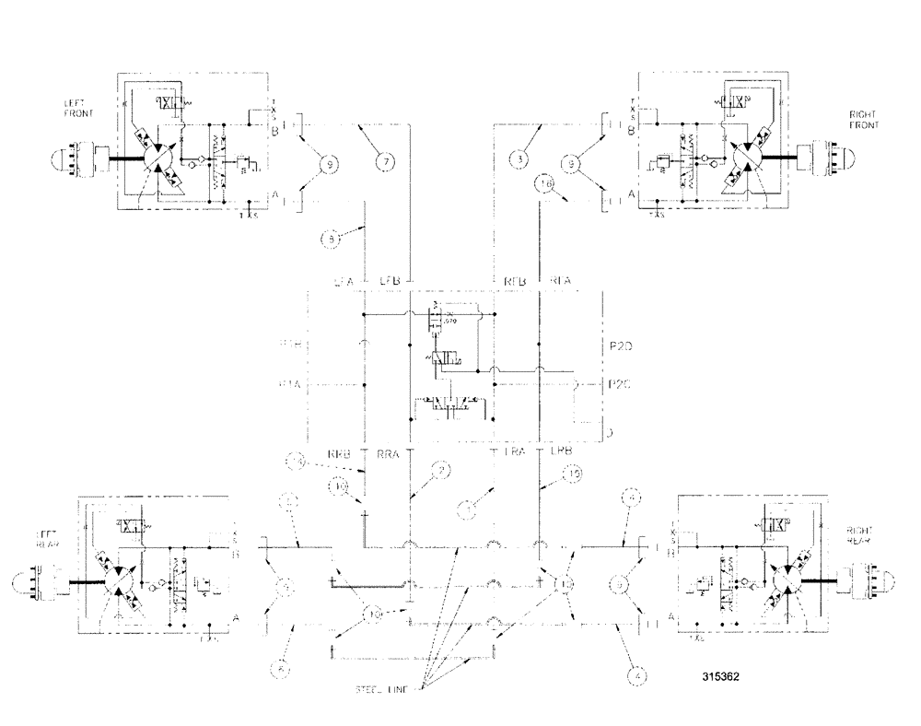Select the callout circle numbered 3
pyautogui.click(x=522, y=159)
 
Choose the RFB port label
pyautogui.click(x=512, y=279)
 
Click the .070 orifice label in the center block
pyautogui.click(x=452, y=320)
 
